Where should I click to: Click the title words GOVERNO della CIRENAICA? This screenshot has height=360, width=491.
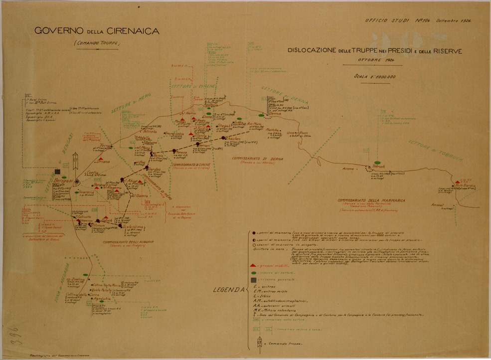click(x=97, y=31)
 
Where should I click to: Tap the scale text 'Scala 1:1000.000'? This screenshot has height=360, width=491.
click(x=374, y=77)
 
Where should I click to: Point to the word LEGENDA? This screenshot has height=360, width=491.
click(x=227, y=290)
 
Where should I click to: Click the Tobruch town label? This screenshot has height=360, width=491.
click(x=379, y=166)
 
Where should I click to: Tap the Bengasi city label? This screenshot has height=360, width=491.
click(x=64, y=180)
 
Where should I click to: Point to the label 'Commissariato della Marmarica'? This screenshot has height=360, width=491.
click(x=371, y=201)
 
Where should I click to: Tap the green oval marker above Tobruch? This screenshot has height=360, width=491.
click(x=378, y=162)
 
